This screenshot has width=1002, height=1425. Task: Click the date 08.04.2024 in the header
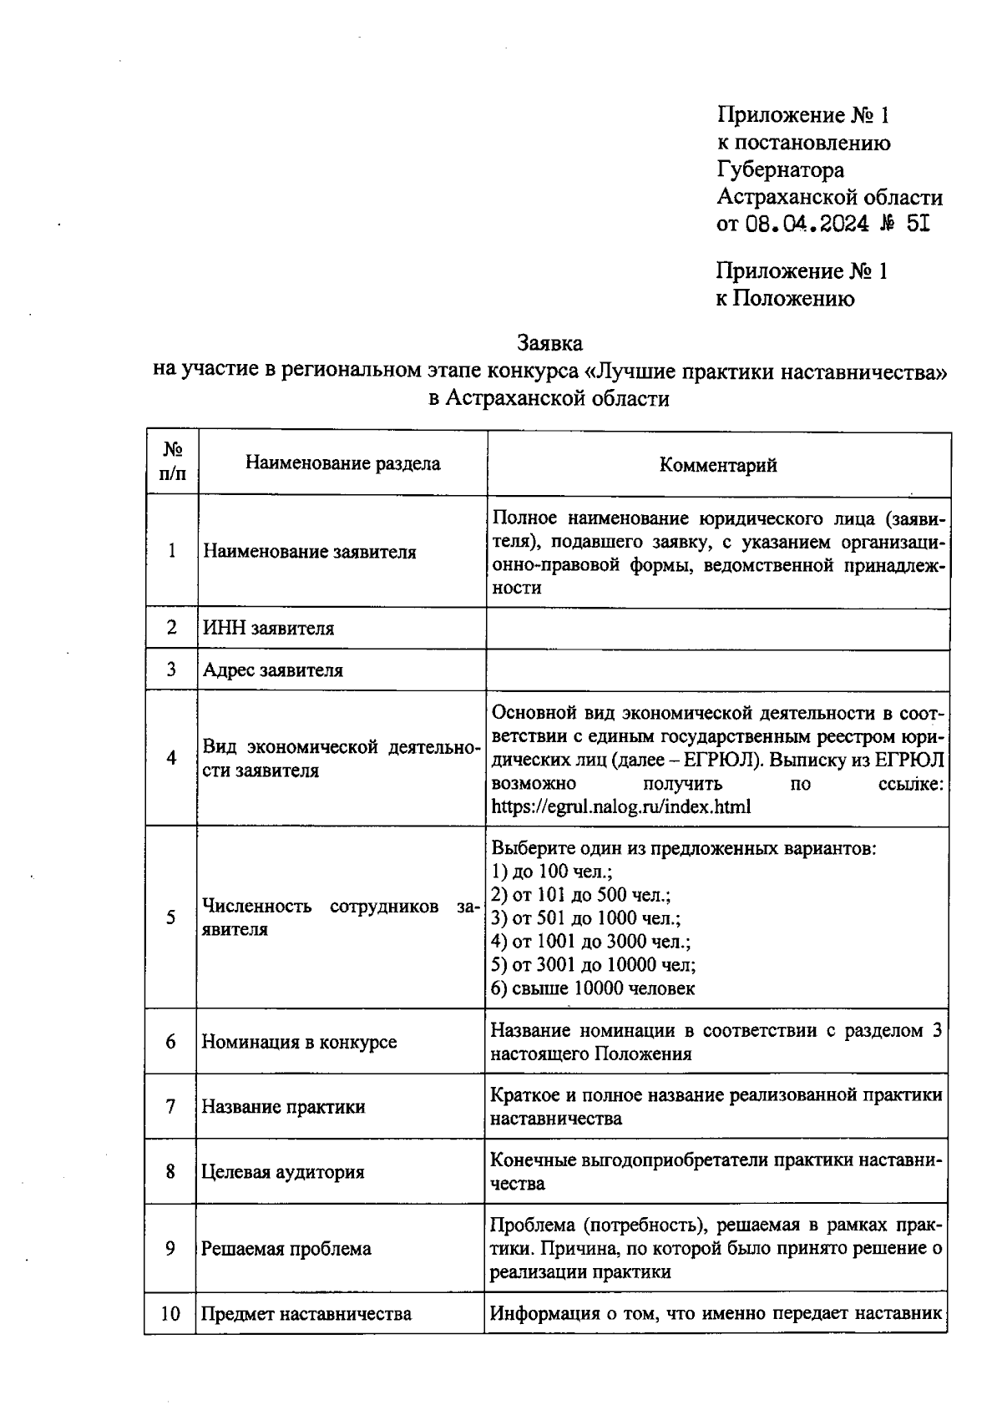[x=807, y=224]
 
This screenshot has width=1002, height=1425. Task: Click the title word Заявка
[x=549, y=343]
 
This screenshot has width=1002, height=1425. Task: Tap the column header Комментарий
[x=718, y=465]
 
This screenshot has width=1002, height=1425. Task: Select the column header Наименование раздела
[x=342, y=463]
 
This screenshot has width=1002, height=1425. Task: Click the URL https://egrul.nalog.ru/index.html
[x=621, y=807]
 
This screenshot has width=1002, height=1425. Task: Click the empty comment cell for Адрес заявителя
[x=718, y=670]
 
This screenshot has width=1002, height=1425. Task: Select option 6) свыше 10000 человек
[x=593, y=988]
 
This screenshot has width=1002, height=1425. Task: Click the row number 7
[x=170, y=1107]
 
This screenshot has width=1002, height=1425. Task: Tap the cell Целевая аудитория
[x=283, y=1172]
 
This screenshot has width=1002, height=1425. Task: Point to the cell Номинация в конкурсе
[x=299, y=1042]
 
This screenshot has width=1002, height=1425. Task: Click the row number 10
[x=170, y=1314]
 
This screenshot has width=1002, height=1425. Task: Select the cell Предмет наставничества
[x=306, y=1314]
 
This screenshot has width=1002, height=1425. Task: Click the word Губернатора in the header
[x=781, y=170]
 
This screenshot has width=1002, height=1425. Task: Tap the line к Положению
[x=785, y=299]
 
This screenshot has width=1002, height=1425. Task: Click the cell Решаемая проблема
[x=286, y=1250]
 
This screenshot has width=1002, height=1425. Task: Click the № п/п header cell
[x=172, y=462]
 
